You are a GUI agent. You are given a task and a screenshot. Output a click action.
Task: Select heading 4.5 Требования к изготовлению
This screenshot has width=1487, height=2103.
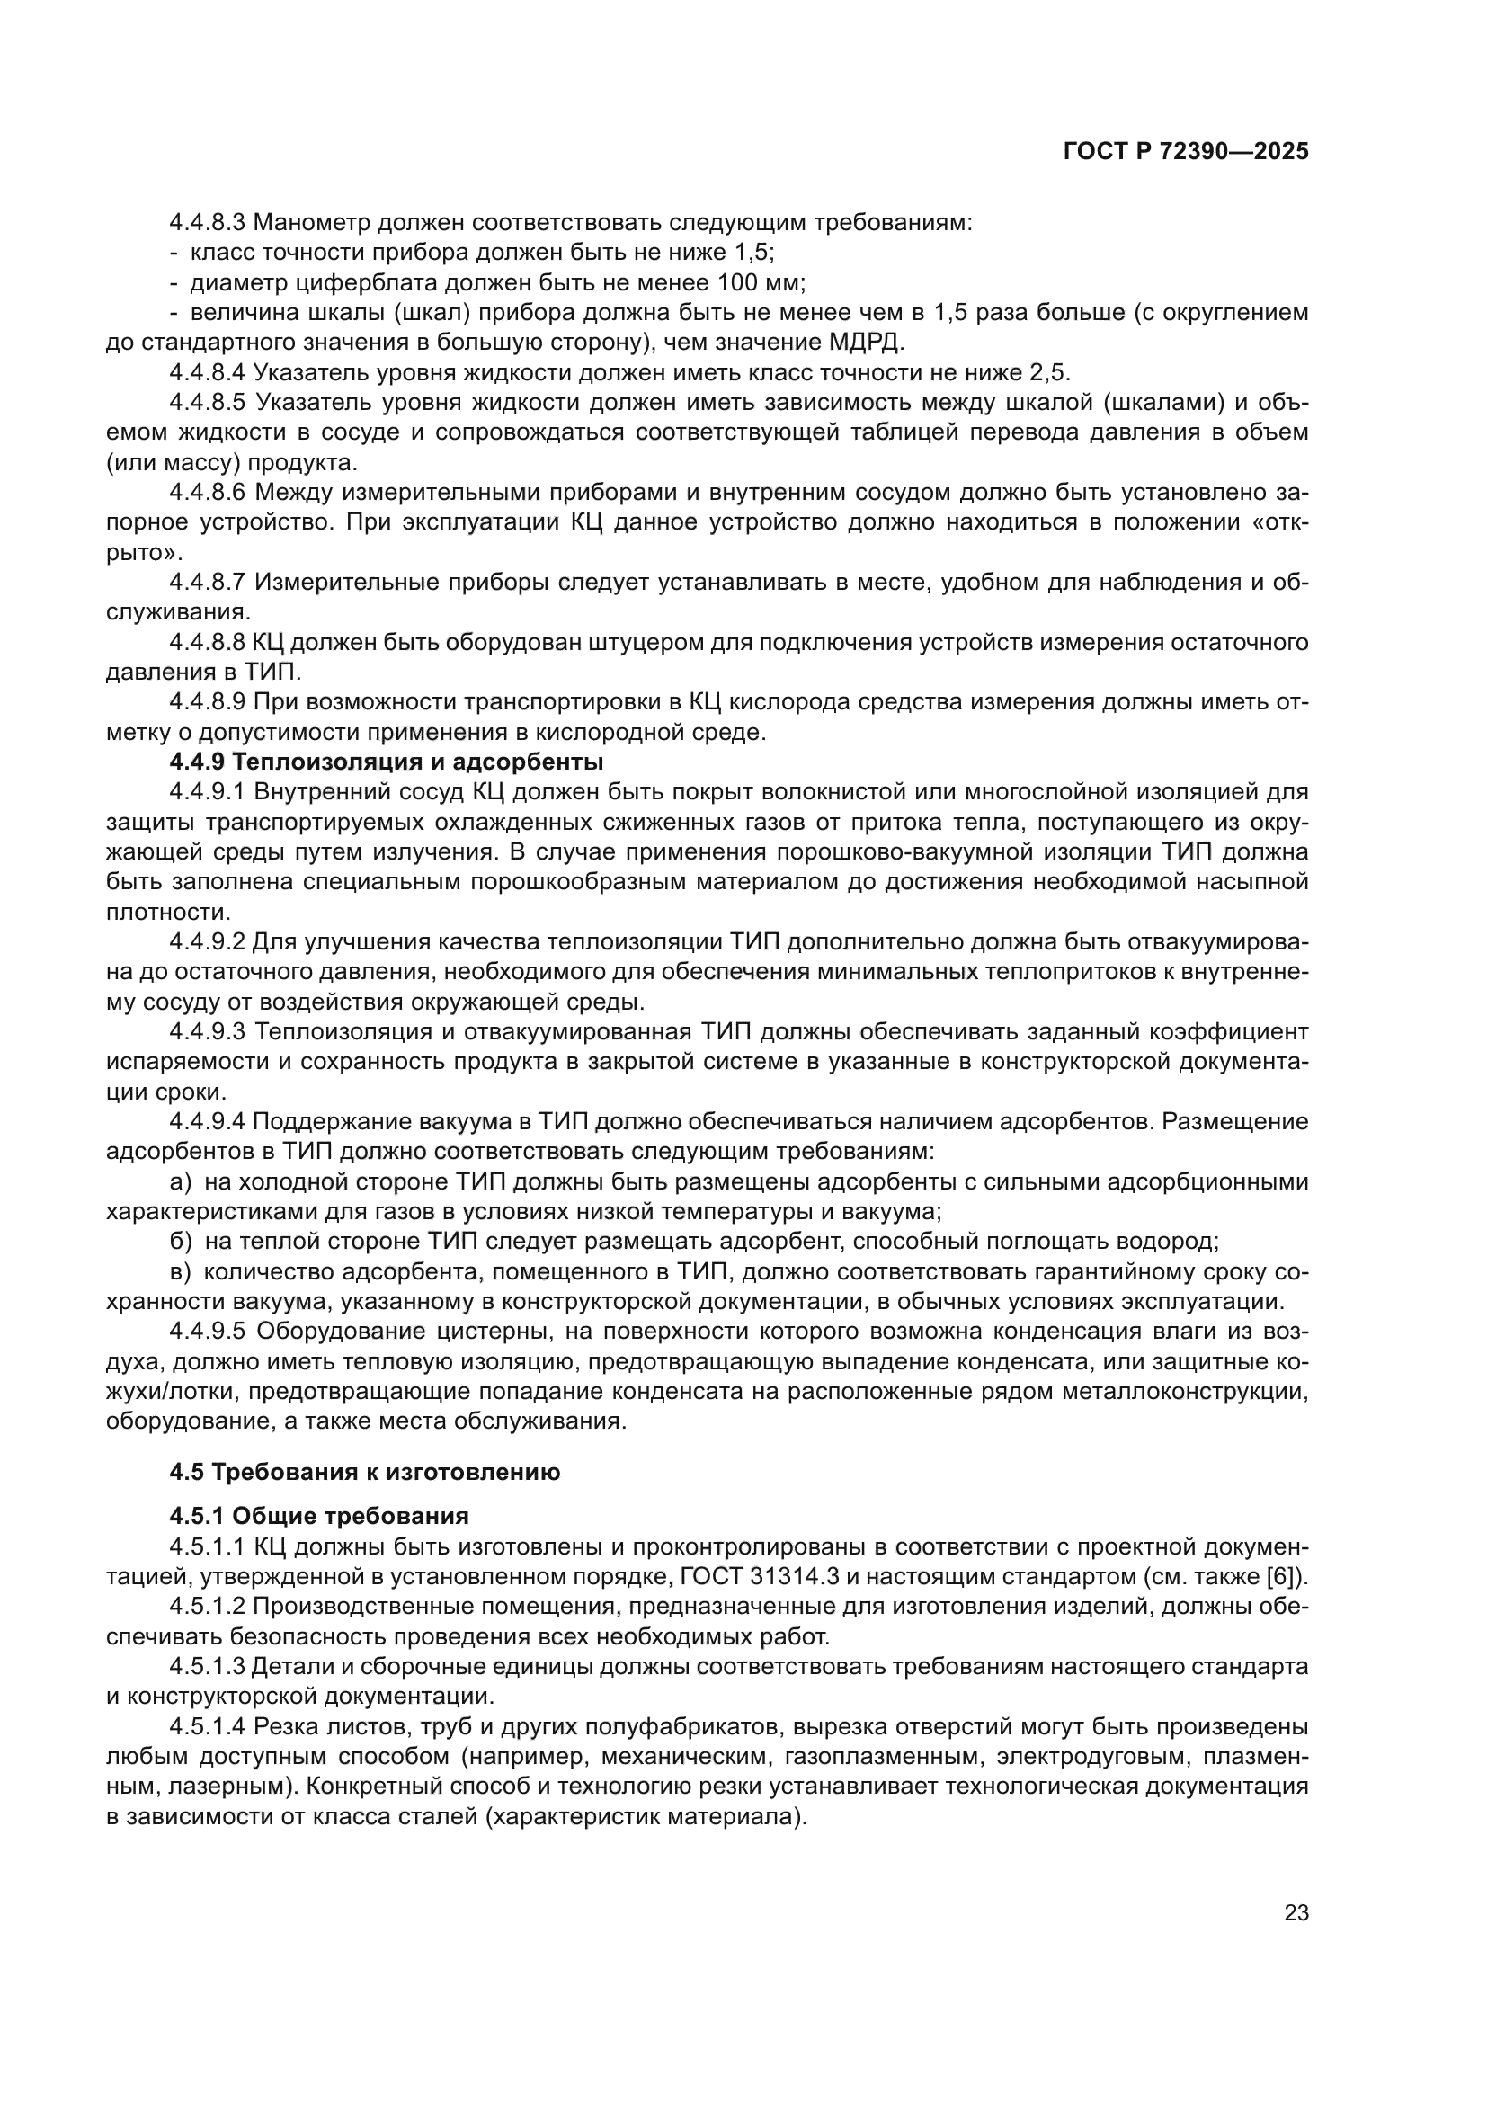pos(364,1472)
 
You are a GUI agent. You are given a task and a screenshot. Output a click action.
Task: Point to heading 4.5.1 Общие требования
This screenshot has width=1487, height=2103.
pos(318,1516)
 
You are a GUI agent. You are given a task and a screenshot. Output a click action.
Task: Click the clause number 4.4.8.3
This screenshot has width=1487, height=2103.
pos(207,223)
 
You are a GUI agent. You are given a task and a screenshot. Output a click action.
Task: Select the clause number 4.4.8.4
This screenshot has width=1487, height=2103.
pos(207,373)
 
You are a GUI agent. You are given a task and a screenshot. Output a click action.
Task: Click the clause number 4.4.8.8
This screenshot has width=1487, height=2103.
pos(207,642)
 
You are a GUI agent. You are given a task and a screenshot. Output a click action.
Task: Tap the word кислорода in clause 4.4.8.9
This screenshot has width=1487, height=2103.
pos(773,701)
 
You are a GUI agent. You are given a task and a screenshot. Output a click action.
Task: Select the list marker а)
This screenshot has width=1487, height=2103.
pos(181,1182)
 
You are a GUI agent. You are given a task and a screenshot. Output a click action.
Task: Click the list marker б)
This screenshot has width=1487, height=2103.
pos(181,1242)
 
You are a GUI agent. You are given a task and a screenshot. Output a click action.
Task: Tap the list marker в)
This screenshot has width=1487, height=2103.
pos(181,1272)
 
